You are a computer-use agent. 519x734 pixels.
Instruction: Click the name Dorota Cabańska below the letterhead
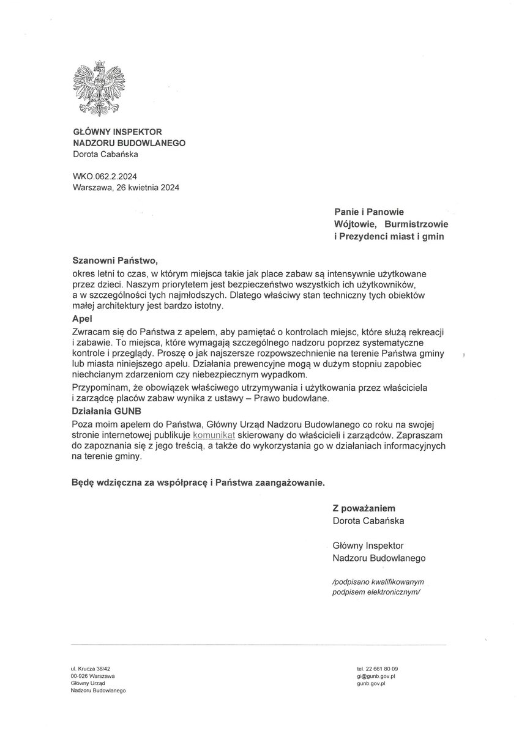(105, 154)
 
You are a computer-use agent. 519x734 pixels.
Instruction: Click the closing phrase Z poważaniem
(364, 508)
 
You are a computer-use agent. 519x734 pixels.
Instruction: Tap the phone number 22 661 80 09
(378, 669)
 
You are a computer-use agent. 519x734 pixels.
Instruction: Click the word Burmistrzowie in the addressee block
(416, 224)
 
